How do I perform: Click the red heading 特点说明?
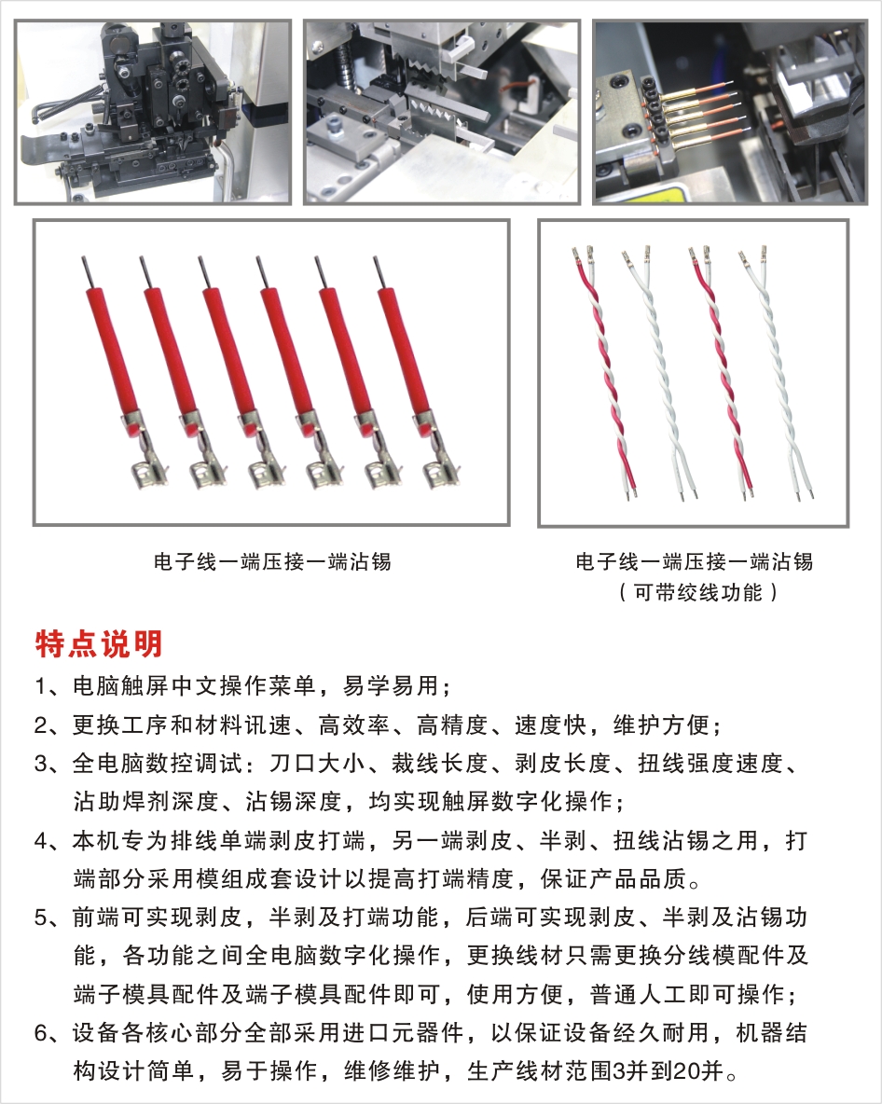pyautogui.click(x=99, y=643)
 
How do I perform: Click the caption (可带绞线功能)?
pyautogui.click(x=696, y=593)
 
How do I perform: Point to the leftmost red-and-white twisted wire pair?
pyautogui.click(x=605, y=373)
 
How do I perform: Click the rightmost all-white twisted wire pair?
pyautogui.click(x=777, y=373)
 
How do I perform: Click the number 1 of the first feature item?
pyautogui.click(x=41, y=685)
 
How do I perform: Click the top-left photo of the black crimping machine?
pyautogui.click(x=153, y=112)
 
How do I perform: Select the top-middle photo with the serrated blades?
pyautogui.click(x=442, y=112)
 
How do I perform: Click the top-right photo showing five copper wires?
pyautogui.click(x=730, y=112)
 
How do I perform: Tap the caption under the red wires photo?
pyautogui.click(x=271, y=562)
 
